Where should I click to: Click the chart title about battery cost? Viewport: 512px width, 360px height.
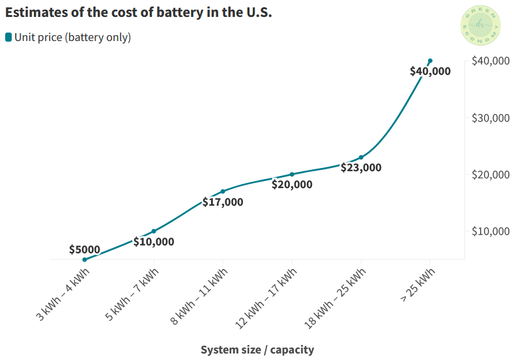(x=138, y=12)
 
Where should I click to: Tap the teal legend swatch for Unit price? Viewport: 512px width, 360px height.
(x=8, y=38)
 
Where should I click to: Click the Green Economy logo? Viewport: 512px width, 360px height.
(x=481, y=26)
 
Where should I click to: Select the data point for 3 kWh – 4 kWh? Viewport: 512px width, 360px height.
(x=85, y=260)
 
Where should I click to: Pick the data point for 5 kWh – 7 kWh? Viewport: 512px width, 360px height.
(x=154, y=231)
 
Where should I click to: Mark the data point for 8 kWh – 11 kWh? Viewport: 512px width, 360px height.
(x=223, y=191)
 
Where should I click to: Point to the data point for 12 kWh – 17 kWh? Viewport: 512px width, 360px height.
(x=292, y=174)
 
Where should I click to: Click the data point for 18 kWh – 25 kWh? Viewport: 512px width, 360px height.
(x=361, y=158)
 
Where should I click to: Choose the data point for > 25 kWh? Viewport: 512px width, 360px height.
(x=430, y=61)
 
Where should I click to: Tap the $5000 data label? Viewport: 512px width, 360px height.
(x=85, y=249)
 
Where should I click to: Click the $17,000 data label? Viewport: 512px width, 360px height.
(x=223, y=202)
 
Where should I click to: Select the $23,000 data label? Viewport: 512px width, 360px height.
(x=361, y=167)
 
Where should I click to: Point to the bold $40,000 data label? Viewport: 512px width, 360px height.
(x=430, y=72)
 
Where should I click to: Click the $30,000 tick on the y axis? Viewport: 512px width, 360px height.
(x=490, y=118)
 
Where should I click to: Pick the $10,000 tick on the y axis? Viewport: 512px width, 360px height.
(x=490, y=231)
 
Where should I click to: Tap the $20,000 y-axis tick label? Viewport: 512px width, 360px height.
(x=490, y=174)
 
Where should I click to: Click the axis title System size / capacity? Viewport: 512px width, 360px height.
(x=257, y=350)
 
